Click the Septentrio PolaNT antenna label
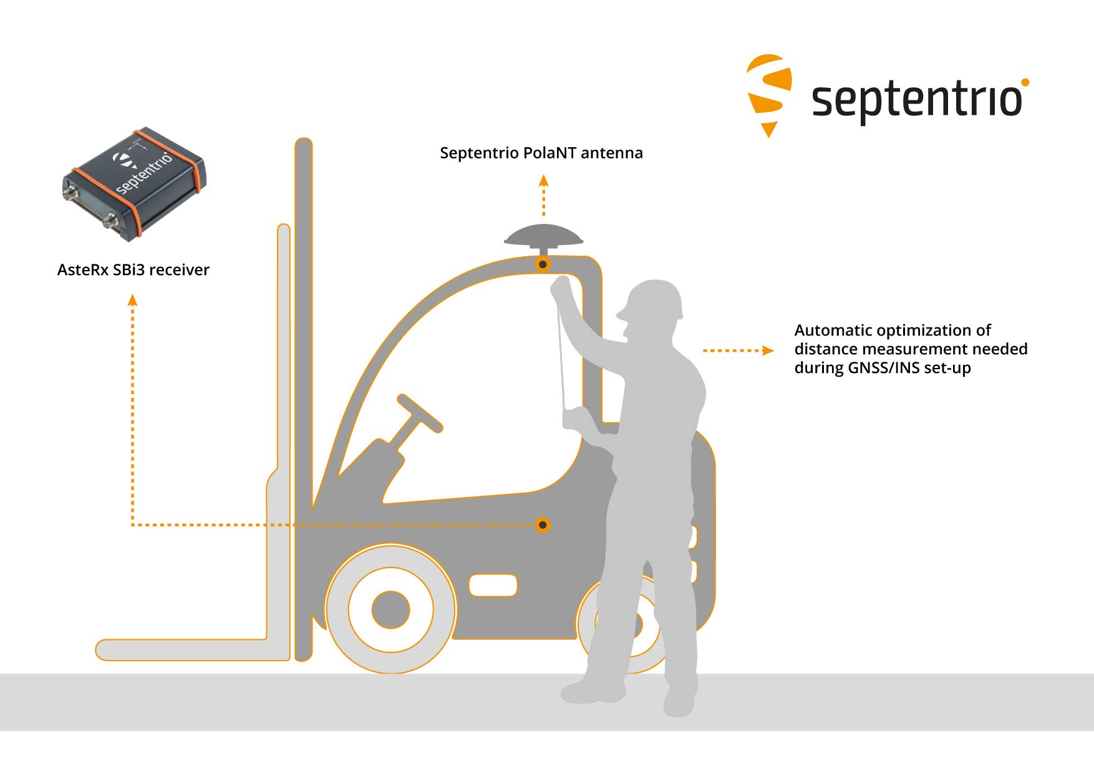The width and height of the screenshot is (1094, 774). (x=541, y=153)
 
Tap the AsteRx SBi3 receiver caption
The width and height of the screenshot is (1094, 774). (x=133, y=269)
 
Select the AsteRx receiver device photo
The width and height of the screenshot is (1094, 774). (x=134, y=184)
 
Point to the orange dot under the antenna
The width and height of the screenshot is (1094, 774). (x=543, y=264)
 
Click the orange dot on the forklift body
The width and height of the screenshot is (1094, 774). (x=543, y=525)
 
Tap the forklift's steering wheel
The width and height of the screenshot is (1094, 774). (x=420, y=413)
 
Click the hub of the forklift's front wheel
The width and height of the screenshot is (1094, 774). (x=390, y=610)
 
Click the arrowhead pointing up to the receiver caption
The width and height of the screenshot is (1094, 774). (x=132, y=300)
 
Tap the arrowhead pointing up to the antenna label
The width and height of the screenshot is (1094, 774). (x=544, y=180)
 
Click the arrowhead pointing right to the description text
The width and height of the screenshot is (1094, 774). (x=768, y=351)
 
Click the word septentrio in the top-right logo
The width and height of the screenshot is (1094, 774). (x=917, y=100)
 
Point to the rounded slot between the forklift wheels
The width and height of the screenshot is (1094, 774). (x=493, y=586)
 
